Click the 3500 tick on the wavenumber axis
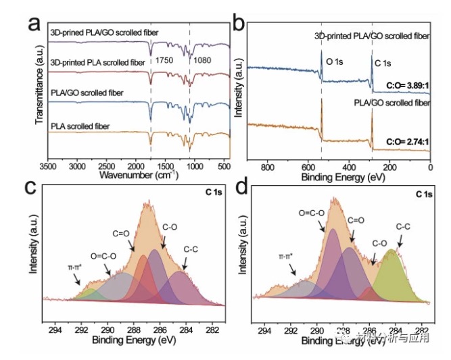pos(47,165)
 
